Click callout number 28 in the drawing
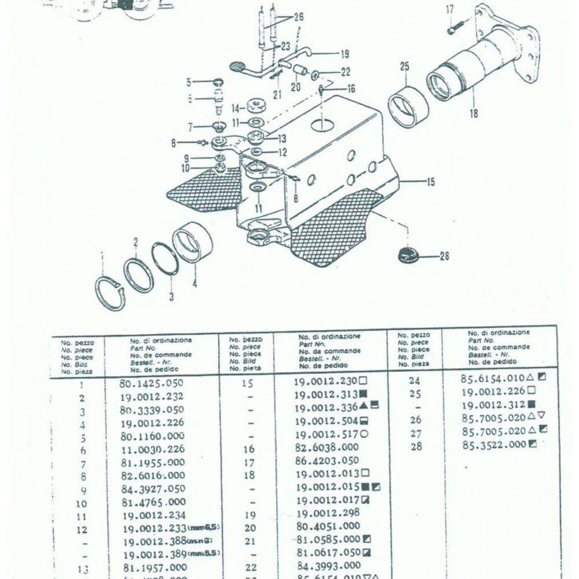coord(444,256)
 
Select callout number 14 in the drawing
coord(235,108)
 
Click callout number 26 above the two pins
coord(298,17)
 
